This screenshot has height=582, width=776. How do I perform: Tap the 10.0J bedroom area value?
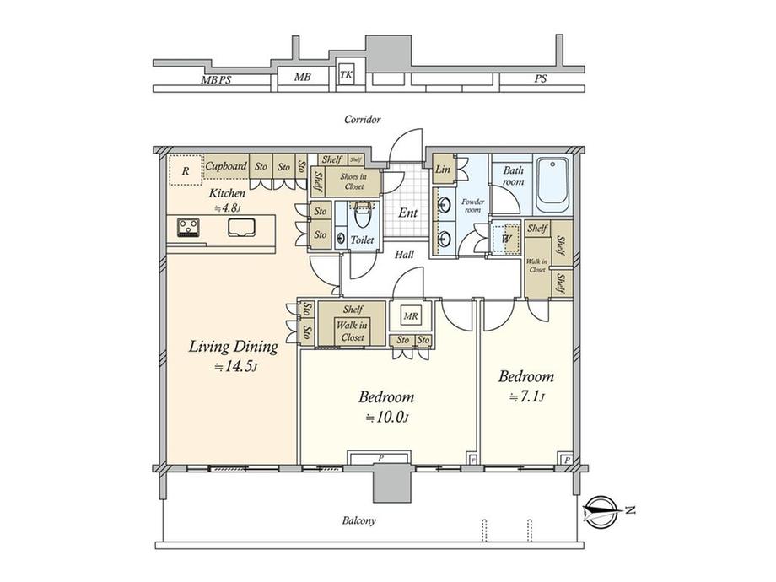(387, 418)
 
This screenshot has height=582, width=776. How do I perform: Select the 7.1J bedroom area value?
(525, 397)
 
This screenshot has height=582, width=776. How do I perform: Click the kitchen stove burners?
(187, 226)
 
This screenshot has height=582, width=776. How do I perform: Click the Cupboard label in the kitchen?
(226, 166)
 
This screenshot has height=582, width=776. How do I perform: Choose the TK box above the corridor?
(346, 75)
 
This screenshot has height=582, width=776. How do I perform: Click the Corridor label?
(363, 120)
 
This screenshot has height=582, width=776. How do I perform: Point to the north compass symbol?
(602, 509)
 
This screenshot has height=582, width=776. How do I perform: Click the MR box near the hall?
(411, 316)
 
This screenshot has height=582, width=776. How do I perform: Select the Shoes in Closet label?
(353, 181)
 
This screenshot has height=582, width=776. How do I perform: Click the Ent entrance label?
(407, 213)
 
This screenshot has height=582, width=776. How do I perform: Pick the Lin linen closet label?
(442, 170)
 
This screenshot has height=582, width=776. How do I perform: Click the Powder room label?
(472, 206)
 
